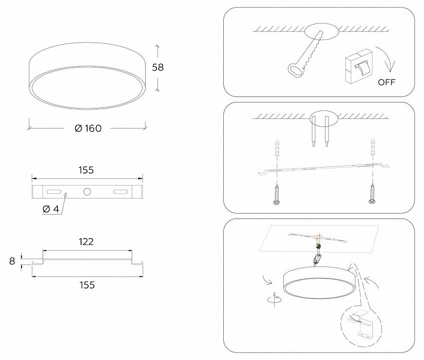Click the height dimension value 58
coord(158,67)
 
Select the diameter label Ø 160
coord(88,128)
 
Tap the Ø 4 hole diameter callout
coord(51,209)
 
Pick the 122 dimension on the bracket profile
coord(86,241)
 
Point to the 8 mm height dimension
coord(12,261)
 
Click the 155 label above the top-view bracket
coord(86,170)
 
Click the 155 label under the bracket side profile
coord(87,285)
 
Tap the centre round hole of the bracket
coord(87,191)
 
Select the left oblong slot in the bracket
coord(54,191)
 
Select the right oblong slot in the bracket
coord(120,191)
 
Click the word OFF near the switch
coord(386,82)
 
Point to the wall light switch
coord(359,66)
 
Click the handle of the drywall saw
coord(295,70)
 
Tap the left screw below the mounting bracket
coord(276,194)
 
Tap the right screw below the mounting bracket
coord(372,193)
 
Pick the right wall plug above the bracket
coord(373,146)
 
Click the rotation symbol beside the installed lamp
coord(274,299)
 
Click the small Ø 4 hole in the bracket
coord(65,194)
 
